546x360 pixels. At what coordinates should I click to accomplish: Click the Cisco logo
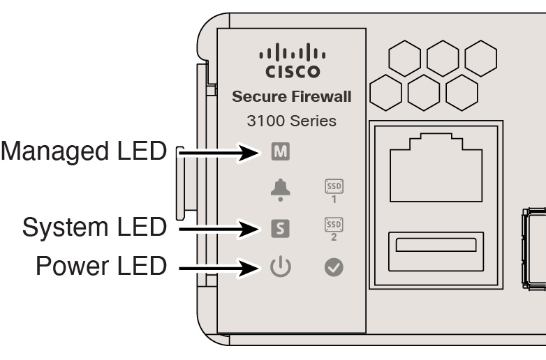pyautogui.click(x=291, y=63)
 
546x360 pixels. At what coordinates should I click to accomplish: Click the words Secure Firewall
pyautogui.click(x=292, y=97)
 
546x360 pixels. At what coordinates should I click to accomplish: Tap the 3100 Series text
pyautogui.click(x=292, y=121)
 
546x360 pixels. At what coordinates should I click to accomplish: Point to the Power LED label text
pyautogui.click(x=100, y=265)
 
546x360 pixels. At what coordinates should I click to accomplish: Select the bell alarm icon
pyautogui.click(x=280, y=188)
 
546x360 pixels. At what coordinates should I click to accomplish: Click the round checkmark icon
pyautogui.click(x=334, y=267)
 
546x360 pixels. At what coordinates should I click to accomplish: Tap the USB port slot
pyautogui.click(x=435, y=245)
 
